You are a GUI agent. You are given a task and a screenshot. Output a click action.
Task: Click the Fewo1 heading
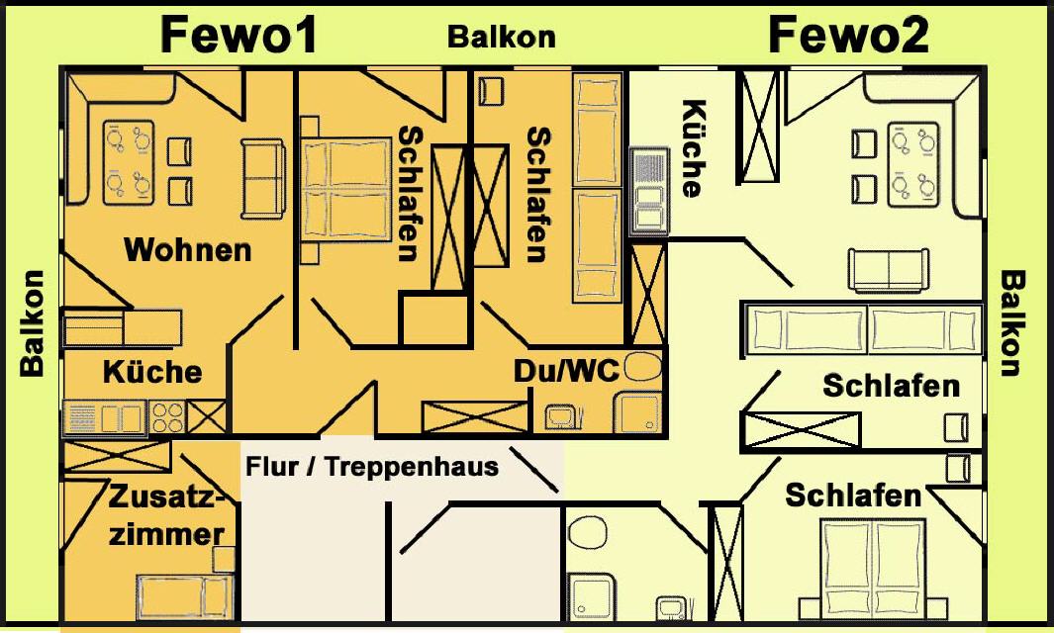coord(239,36)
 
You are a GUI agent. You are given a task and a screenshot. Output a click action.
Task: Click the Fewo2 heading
coord(849,36)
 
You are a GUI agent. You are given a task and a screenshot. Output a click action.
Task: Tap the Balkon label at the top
coord(502,37)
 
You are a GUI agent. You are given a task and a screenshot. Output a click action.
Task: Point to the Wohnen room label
coord(187,250)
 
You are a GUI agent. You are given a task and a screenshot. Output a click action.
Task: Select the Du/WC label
coord(566,370)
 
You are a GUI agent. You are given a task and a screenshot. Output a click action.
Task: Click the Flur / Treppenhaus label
coord(372,467)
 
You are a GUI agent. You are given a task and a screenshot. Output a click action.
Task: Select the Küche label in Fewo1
coord(152,372)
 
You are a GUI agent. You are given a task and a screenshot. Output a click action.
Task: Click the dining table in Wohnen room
coord(129,162)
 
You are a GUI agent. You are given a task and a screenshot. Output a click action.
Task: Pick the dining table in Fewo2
coord(912,164)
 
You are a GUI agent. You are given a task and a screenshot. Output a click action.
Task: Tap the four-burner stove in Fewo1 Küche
coord(166,417)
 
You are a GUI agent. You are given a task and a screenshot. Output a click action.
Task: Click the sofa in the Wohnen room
coord(263,179)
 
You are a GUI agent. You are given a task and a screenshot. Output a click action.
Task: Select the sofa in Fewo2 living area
coord(888,270)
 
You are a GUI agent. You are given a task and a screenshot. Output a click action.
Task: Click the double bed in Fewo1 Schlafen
coord(345,188)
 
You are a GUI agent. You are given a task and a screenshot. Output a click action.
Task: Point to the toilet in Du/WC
coord(643,367)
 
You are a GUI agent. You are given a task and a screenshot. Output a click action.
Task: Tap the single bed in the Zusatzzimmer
coord(184,596)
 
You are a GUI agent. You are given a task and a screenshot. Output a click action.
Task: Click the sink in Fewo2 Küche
coord(648,192)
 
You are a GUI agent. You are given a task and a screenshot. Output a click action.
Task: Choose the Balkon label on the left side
coord(32,323)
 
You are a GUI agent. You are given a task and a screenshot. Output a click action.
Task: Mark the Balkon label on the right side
coord(1013,323)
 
